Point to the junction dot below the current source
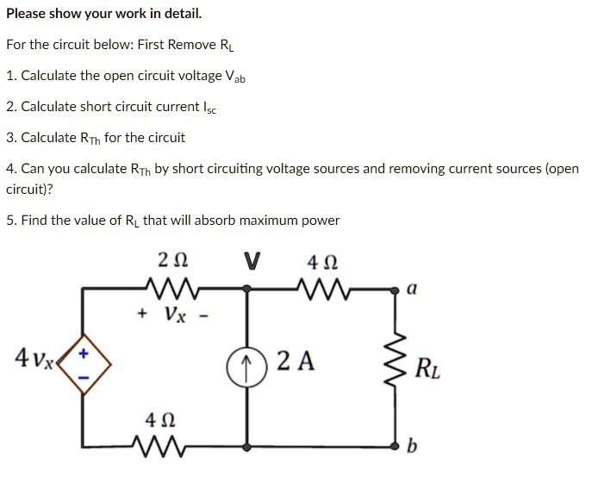click(248, 446)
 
